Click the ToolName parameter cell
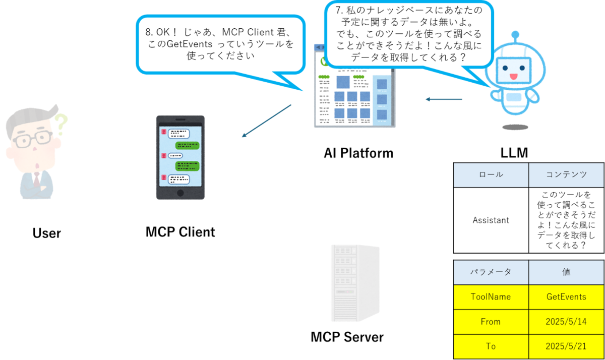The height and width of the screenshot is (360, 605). [x=491, y=297]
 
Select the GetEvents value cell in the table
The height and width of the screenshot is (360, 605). [x=566, y=297]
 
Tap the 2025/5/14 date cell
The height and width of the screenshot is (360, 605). [x=566, y=322]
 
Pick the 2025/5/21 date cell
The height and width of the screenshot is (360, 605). [x=566, y=347]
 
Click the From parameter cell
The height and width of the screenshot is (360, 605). [x=491, y=322]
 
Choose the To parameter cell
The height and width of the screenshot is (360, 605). [x=491, y=347]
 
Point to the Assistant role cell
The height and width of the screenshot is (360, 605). [x=491, y=220]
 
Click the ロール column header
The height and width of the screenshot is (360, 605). [x=491, y=175]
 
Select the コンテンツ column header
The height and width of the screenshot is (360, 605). [x=566, y=175]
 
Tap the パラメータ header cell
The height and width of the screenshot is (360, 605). [x=491, y=272]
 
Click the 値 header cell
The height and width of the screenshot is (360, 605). [x=566, y=272]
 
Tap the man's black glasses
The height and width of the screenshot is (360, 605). [x=33, y=139]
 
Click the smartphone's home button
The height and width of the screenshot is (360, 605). [x=180, y=194]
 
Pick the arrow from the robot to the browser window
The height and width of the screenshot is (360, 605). [x=443, y=99]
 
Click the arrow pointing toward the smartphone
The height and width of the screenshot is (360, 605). [x=266, y=121]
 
